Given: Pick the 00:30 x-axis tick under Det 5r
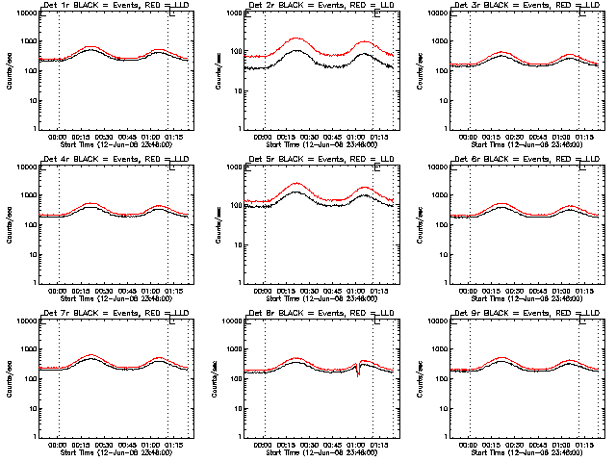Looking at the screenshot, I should click(310, 291).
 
